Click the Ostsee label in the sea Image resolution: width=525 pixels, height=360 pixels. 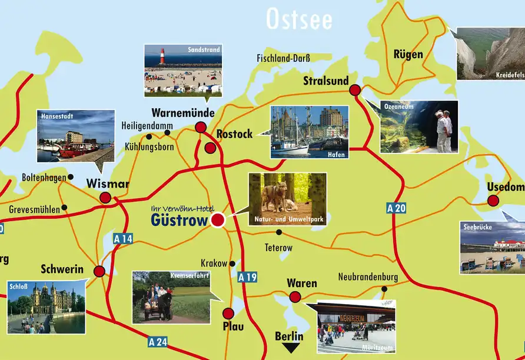[x=299, y=19]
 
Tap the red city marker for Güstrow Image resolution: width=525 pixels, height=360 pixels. [x=218, y=221]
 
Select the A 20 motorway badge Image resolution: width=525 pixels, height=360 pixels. [x=397, y=208]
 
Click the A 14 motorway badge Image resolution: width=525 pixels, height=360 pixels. [x=123, y=239]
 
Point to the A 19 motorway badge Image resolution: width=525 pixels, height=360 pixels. [x=247, y=276]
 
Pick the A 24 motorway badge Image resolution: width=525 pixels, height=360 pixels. [x=158, y=342]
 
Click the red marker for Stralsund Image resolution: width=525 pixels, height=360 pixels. [x=355, y=90]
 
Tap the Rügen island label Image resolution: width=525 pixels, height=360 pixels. [x=408, y=55]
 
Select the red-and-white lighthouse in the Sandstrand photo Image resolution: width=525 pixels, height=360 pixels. [x=162, y=57]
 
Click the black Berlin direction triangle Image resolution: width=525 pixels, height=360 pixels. [x=289, y=348]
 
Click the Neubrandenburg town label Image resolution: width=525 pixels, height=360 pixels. [x=368, y=277]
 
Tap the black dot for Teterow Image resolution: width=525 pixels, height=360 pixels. [x=280, y=232]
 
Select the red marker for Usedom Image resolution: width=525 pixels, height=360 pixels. [x=493, y=201]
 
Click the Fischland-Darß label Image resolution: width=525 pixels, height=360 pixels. [x=283, y=58]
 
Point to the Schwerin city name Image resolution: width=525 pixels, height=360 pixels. [x=62, y=270]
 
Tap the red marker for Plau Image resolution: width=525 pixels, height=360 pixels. [x=228, y=314]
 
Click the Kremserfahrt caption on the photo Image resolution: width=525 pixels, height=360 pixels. [x=191, y=275]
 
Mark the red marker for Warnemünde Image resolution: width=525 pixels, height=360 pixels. [x=201, y=126]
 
